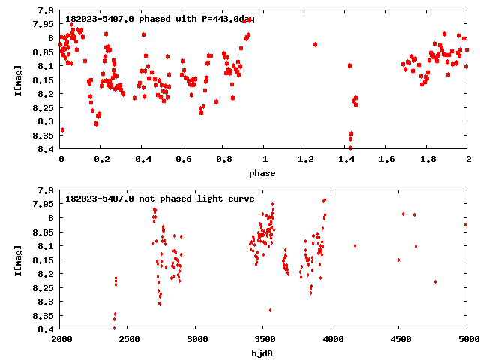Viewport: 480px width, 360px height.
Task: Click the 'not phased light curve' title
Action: [x=160, y=199]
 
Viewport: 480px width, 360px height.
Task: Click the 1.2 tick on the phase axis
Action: [x=304, y=160]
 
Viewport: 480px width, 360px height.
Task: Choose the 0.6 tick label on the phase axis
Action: [x=182, y=160]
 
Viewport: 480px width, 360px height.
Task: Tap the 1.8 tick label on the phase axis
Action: [x=427, y=160]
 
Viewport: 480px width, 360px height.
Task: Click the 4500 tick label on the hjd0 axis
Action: [x=398, y=339]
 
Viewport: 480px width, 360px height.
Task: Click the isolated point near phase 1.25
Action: [x=315, y=44]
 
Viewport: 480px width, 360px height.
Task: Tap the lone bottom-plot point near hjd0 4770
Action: [x=435, y=281]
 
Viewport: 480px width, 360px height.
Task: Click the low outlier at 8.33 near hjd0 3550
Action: [x=270, y=310]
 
